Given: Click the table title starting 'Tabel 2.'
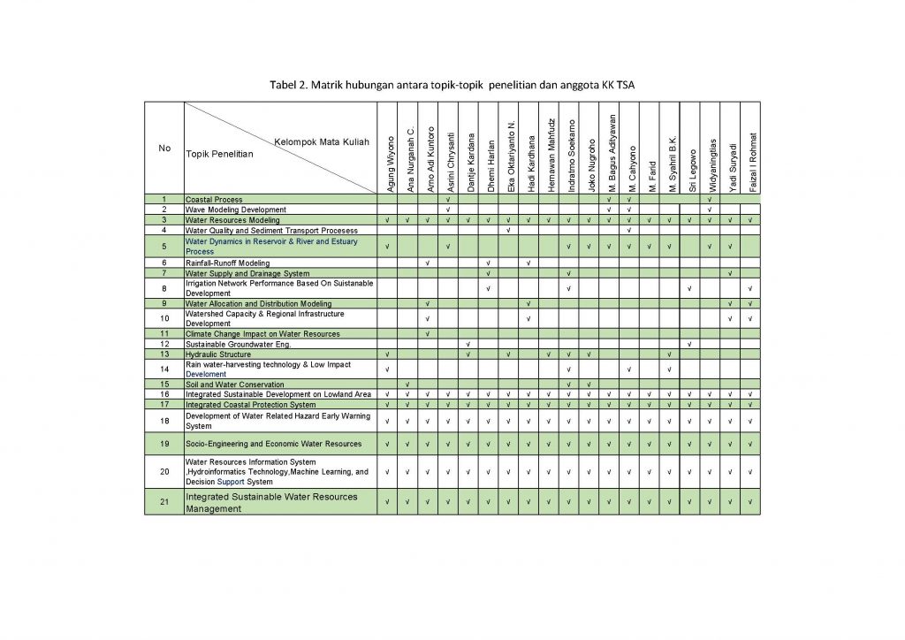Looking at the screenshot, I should [452, 85].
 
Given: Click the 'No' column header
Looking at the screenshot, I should [164, 148].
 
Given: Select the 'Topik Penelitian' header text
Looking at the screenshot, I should [218, 154].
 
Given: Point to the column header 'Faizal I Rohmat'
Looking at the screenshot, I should [750, 162].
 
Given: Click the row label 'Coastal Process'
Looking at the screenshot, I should [214, 200].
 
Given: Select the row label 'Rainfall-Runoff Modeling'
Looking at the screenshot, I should [228, 263].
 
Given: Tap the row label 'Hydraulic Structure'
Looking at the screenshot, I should [218, 354].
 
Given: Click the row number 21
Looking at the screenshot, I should [164, 502].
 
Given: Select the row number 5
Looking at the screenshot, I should [164, 246].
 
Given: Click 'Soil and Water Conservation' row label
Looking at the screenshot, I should [235, 385].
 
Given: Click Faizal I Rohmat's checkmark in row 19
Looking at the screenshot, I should [750, 444].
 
